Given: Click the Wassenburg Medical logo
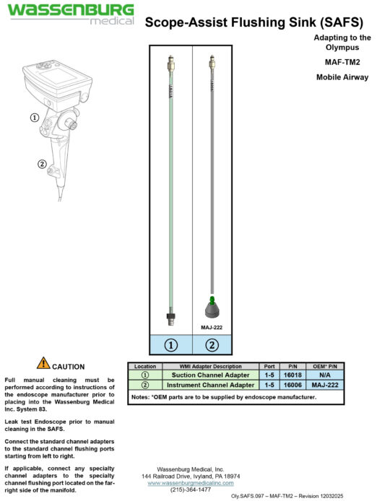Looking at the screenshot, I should tap(70, 14).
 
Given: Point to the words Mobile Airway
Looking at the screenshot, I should tap(343, 76).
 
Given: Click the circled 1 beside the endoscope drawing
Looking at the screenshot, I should tap(34, 116).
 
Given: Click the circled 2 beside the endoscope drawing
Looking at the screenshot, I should tap(42, 164).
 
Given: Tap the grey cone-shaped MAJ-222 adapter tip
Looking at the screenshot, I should tap(211, 310).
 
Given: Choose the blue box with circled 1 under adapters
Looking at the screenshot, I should tap(171, 345).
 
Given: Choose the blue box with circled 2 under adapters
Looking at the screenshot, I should tap(212, 345).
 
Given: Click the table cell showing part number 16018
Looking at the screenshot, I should tap(292, 375).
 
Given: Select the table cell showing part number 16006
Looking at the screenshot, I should tap(292, 385).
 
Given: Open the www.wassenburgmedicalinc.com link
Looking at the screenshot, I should tap(191, 482).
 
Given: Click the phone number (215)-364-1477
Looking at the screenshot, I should tap(191, 489).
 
